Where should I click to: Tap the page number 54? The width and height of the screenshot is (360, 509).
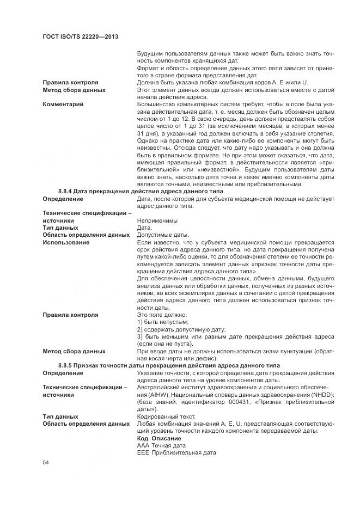pyautogui.click(x=46, y=462)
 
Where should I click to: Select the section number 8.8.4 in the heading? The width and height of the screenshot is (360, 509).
pyautogui.click(x=66, y=191)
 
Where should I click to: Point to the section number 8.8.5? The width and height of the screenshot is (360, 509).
pyautogui.click(x=66, y=365)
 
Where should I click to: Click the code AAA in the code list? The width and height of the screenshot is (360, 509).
pyautogui.click(x=143, y=445)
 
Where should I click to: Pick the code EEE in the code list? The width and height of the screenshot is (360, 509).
pyautogui.click(x=143, y=452)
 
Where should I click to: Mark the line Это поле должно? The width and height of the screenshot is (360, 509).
pyautogui.click(x=162, y=315)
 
